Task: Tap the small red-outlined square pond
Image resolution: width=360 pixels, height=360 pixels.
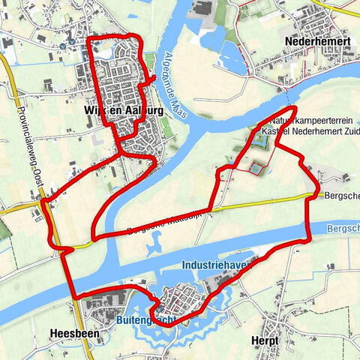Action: tap(256, 169)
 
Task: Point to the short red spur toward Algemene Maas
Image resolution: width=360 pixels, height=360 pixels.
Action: tap(149, 78)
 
